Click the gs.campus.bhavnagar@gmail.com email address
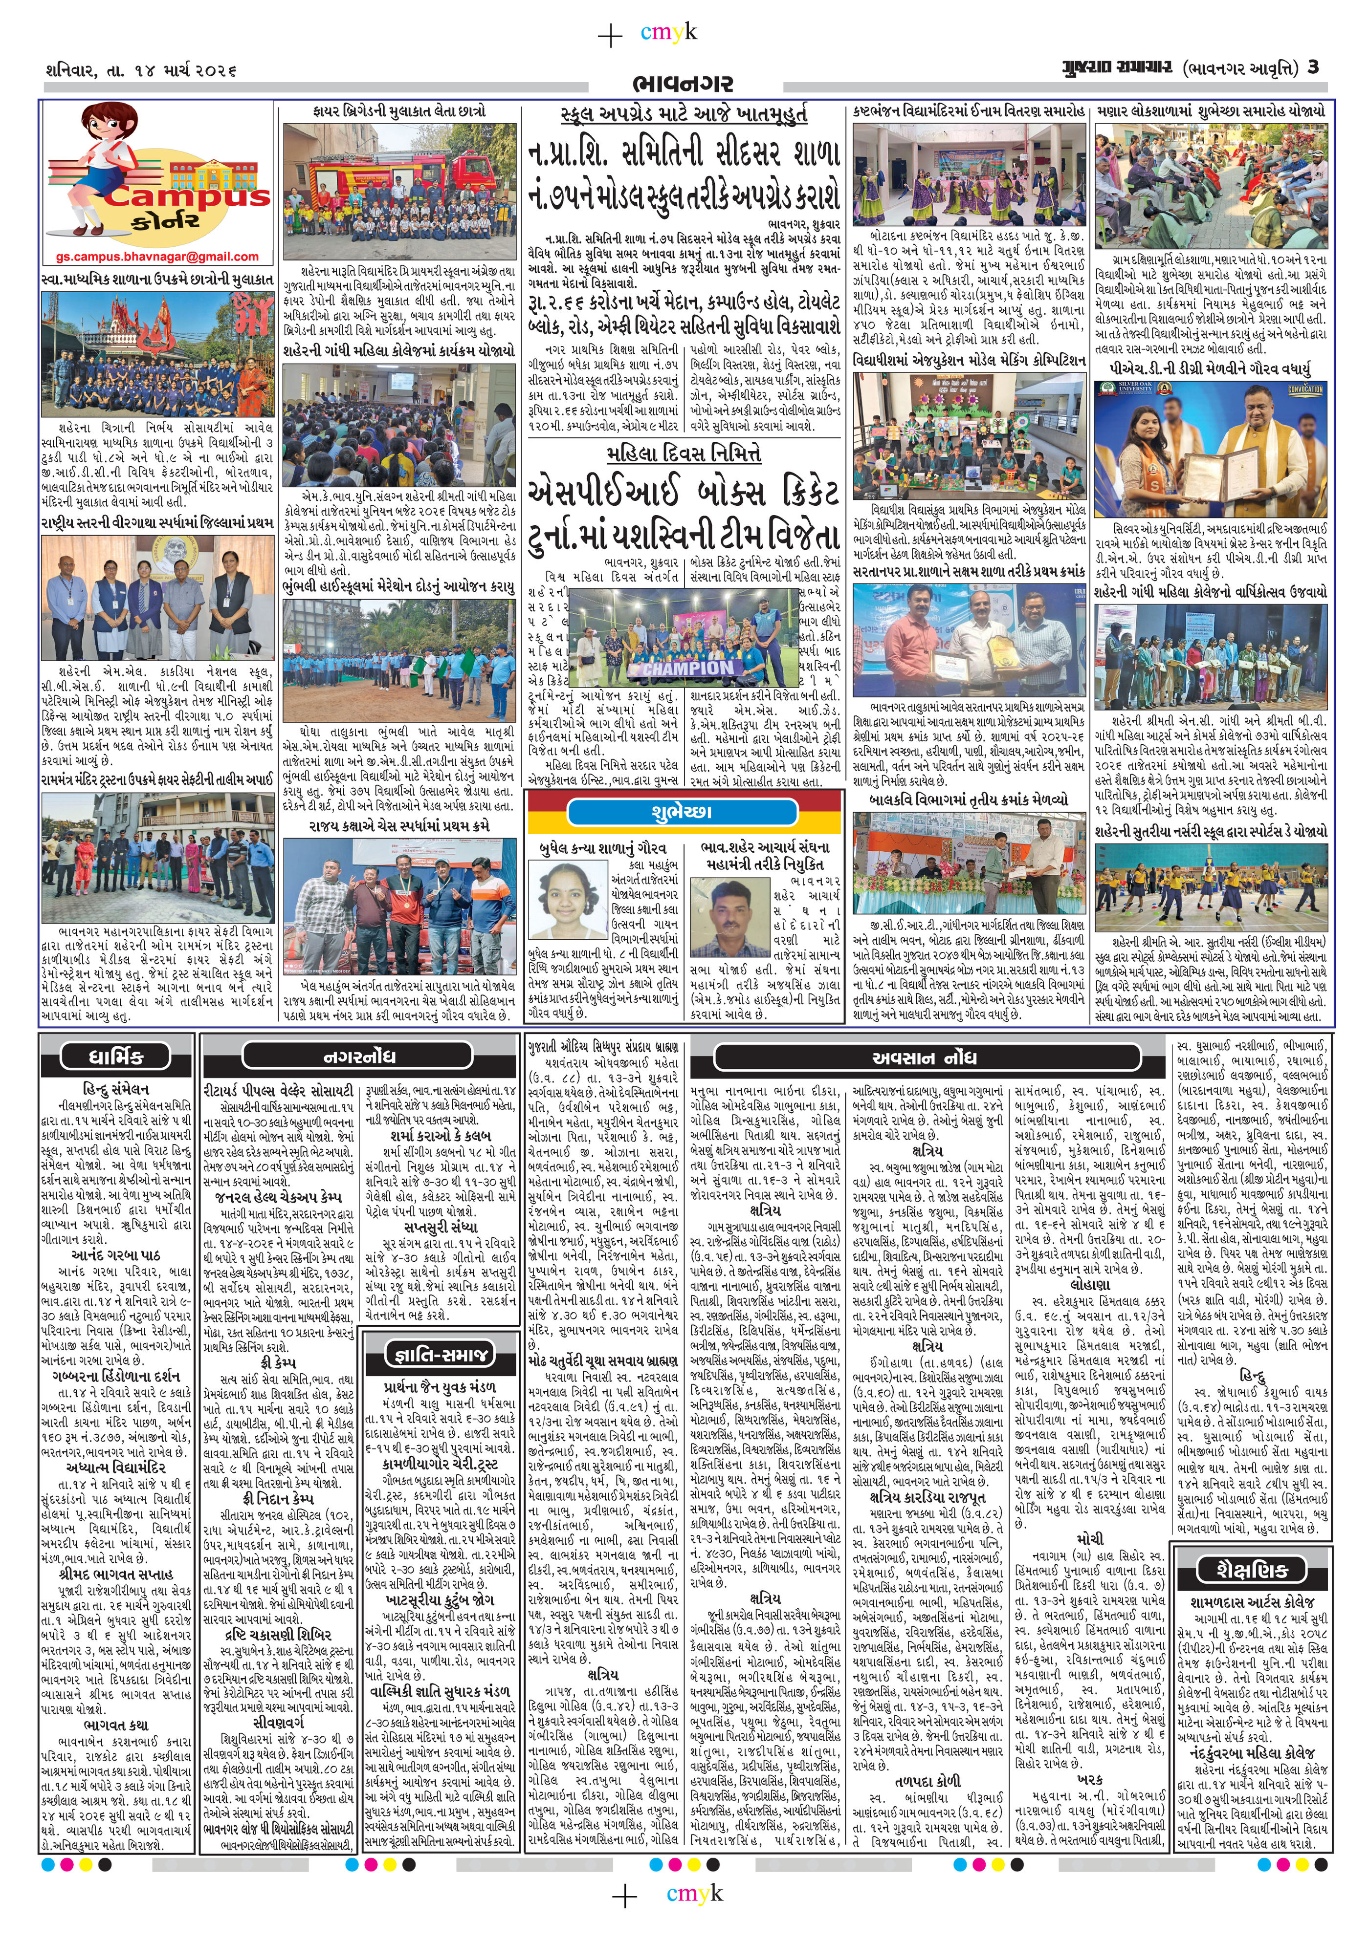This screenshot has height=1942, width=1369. pos(157,256)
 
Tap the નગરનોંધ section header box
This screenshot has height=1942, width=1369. pos(358,1057)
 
